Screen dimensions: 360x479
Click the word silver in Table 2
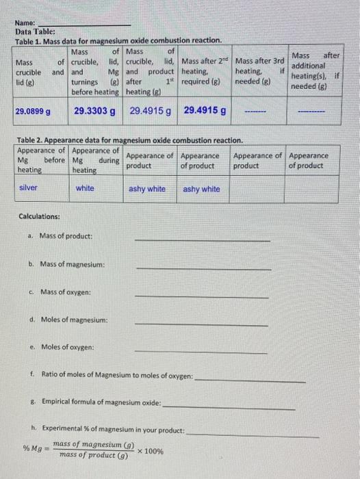[x=29, y=188]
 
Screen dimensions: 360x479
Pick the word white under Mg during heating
[x=86, y=188]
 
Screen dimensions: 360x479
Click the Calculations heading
[x=39, y=217]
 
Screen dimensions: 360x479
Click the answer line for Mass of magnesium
[x=203, y=268]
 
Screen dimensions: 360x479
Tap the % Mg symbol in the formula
[x=33, y=449]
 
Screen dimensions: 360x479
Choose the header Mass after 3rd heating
[x=259, y=70]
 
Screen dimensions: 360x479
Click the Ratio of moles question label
[x=116, y=375]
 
